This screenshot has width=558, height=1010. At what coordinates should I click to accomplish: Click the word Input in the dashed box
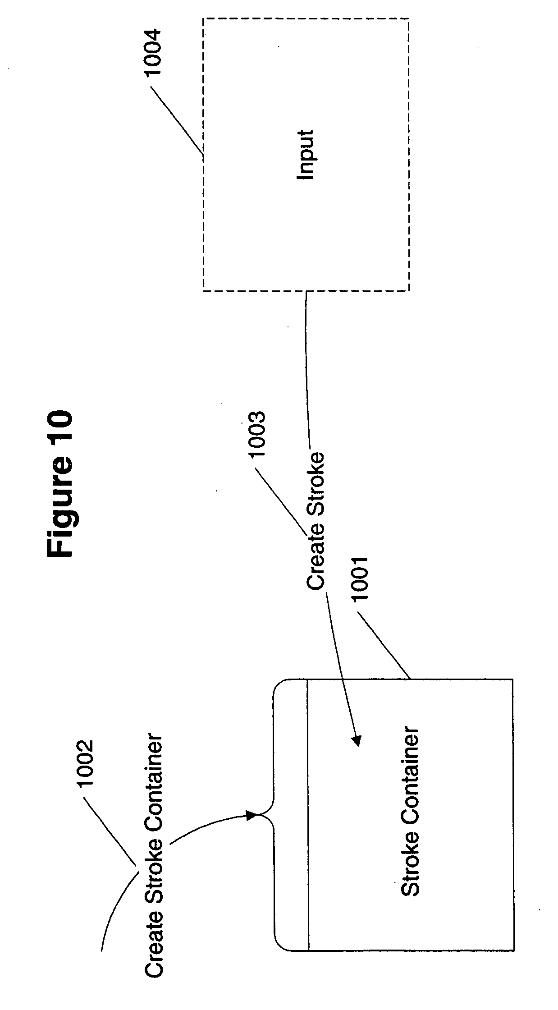point(306,155)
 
